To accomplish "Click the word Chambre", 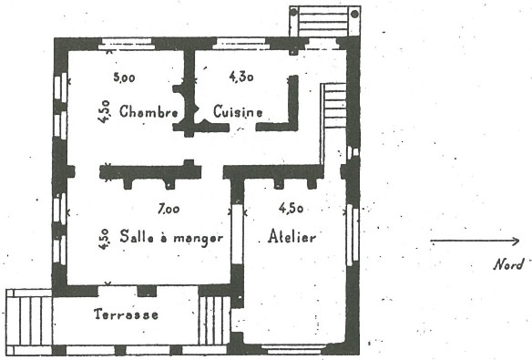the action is tap(148, 111).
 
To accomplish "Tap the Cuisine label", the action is tap(238, 111).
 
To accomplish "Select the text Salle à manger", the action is tap(171, 237).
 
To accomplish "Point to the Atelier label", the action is tap(292, 236).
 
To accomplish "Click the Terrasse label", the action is tap(127, 314).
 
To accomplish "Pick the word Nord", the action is tap(508, 264).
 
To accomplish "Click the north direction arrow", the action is tap(475, 242).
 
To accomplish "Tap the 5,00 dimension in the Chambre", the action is tap(124, 77).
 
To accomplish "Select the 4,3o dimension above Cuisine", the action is tap(241, 77).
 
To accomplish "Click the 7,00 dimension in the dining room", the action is tap(169, 209).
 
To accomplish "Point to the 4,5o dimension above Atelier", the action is tap(291, 208).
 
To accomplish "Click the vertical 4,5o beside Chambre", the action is tap(105, 111).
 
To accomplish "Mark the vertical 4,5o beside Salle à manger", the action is tap(105, 239).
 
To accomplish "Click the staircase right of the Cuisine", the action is tap(333, 106).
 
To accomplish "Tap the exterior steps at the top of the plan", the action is tap(324, 21).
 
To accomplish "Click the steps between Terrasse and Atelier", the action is tap(214, 320).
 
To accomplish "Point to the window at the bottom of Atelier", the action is tap(294, 349).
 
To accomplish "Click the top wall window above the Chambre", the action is tap(125, 44).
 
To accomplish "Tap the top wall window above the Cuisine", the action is tap(241, 44).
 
